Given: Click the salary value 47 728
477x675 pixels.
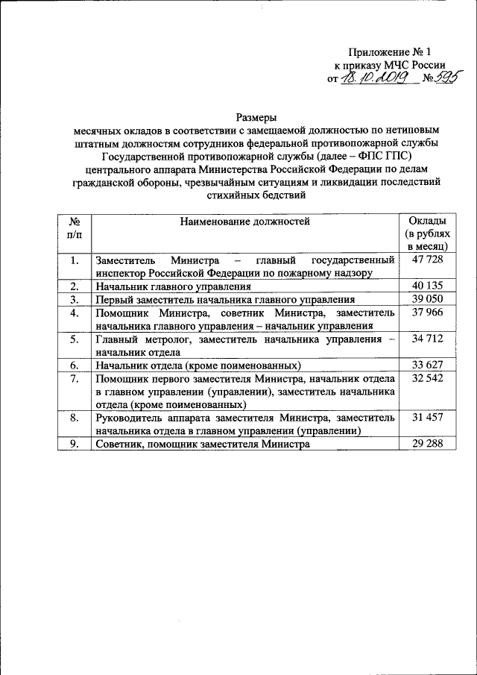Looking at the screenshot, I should coord(427,260).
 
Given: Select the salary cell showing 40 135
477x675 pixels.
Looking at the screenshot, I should coord(427,286).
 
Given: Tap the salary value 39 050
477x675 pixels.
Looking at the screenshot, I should coord(427,299).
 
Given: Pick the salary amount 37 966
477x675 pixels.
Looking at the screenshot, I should coord(427,313).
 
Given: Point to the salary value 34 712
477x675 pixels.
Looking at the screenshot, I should coord(427,339).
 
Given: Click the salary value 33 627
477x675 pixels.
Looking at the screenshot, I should coord(427,365).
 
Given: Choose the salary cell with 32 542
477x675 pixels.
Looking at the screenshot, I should coord(427,379).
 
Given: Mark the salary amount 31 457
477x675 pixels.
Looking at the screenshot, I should coord(427,418).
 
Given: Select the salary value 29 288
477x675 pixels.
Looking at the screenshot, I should coord(427,444).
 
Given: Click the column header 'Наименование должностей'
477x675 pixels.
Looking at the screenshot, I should coord(244,221).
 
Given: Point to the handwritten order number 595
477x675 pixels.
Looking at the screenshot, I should coord(448,78).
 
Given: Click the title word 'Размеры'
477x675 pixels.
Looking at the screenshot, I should coord(256,117).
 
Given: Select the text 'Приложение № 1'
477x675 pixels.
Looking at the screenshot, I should coord(390,52).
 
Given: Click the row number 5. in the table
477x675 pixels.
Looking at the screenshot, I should coord(74,339).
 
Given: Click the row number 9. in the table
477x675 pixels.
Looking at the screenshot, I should coord(74,444).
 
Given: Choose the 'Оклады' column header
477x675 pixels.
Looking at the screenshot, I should coord(428,221).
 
